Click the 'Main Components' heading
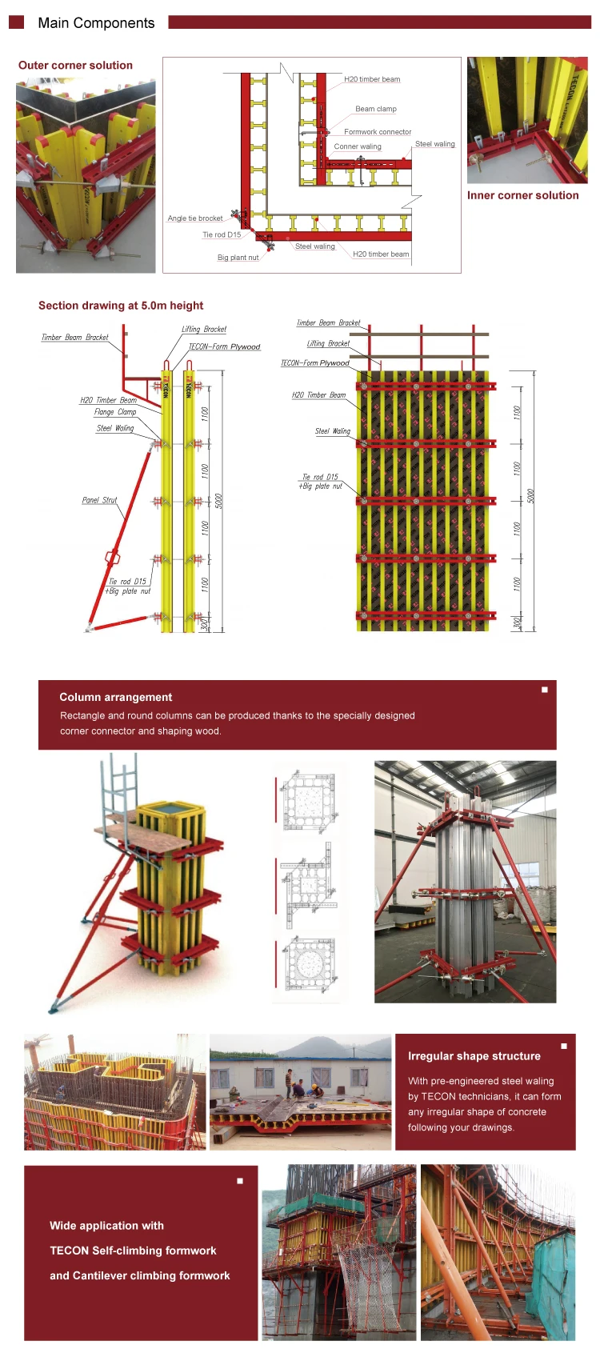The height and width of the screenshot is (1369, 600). click(x=96, y=23)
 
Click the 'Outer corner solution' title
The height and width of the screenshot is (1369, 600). click(x=75, y=66)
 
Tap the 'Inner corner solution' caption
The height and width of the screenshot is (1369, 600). click(x=522, y=195)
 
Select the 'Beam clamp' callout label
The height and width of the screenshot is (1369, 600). click(x=375, y=109)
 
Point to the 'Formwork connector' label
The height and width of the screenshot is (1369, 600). click(x=378, y=132)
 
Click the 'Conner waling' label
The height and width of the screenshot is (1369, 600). click(x=358, y=146)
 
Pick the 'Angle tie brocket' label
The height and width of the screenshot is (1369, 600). click(x=195, y=218)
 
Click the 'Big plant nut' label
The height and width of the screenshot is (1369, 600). click(x=238, y=258)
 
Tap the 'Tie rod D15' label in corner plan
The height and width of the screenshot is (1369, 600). click(x=221, y=235)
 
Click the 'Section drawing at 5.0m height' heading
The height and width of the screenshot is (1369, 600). click(x=121, y=306)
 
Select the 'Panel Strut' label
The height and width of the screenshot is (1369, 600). click(x=99, y=500)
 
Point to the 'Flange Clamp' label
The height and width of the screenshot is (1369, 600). click(x=115, y=412)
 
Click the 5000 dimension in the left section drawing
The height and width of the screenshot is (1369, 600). click(x=218, y=501)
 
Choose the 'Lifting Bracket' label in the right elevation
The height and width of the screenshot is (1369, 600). click(x=328, y=343)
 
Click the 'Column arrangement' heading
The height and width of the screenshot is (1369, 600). click(x=115, y=697)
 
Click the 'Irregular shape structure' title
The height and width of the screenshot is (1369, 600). click(x=474, y=1056)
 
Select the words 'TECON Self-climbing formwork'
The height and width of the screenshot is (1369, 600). click(x=133, y=1251)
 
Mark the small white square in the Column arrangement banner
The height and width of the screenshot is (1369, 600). click(x=545, y=690)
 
